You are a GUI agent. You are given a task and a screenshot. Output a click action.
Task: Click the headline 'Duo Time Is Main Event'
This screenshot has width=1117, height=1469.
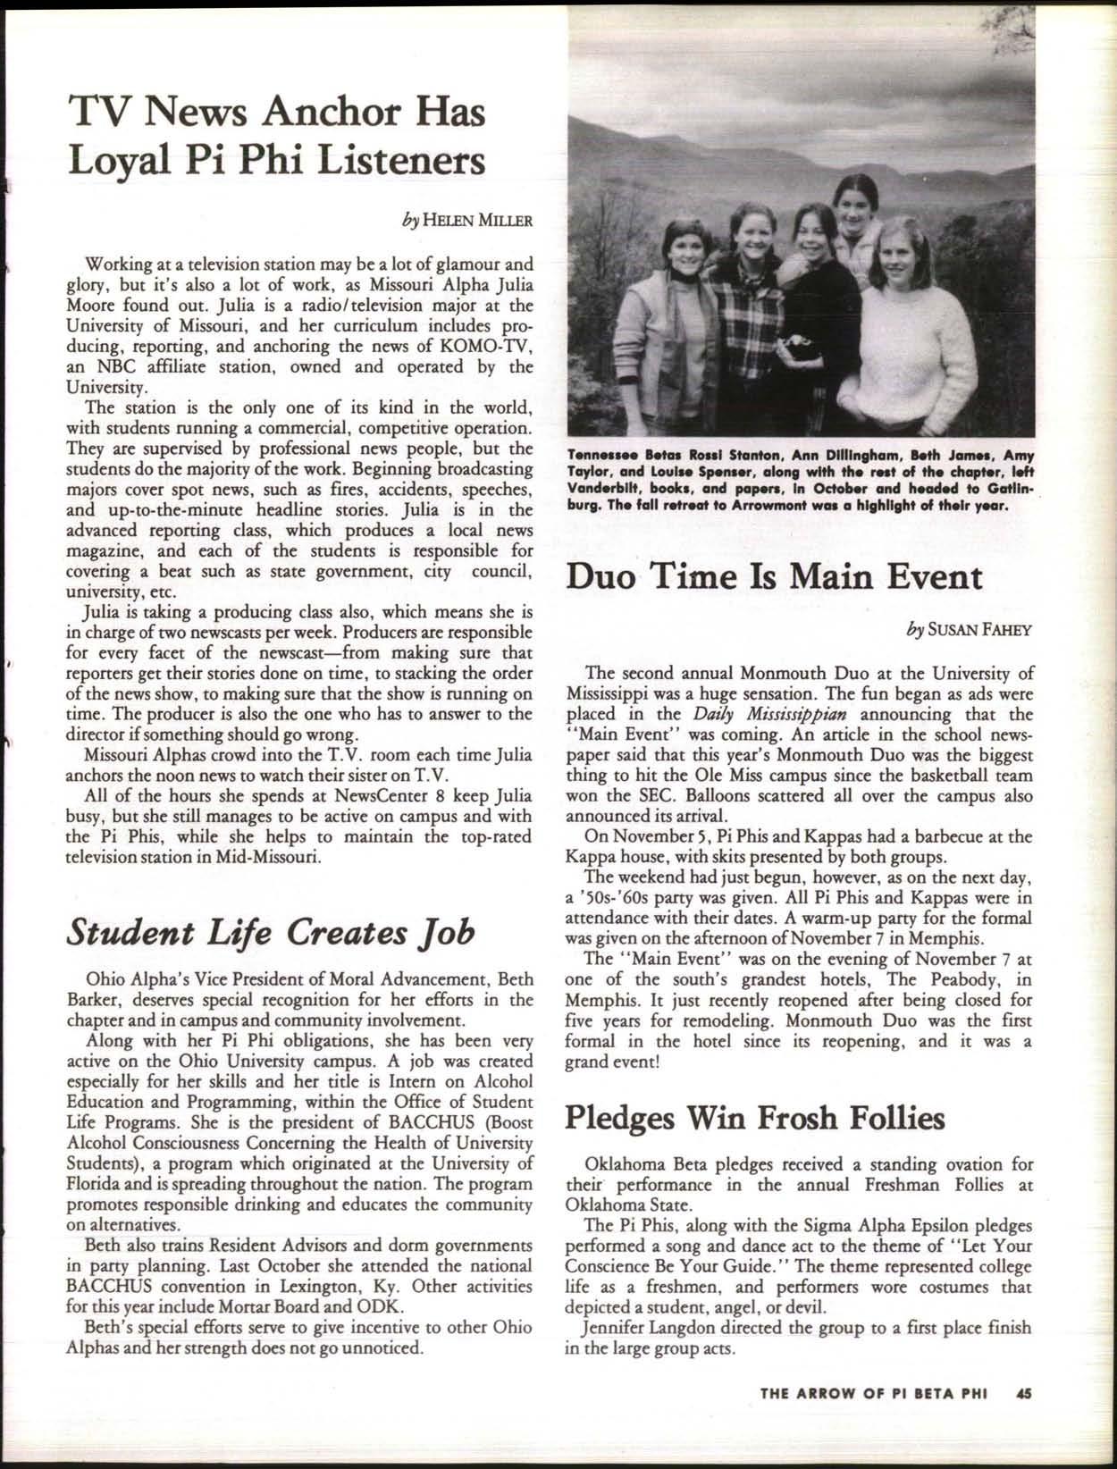click(x=775, y=576)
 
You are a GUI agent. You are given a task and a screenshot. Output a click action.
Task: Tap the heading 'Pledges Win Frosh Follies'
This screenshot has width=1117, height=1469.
click(x=755, y=1117)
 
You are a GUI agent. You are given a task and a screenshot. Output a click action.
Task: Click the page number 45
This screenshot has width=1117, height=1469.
click(x=1024, y=1417)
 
